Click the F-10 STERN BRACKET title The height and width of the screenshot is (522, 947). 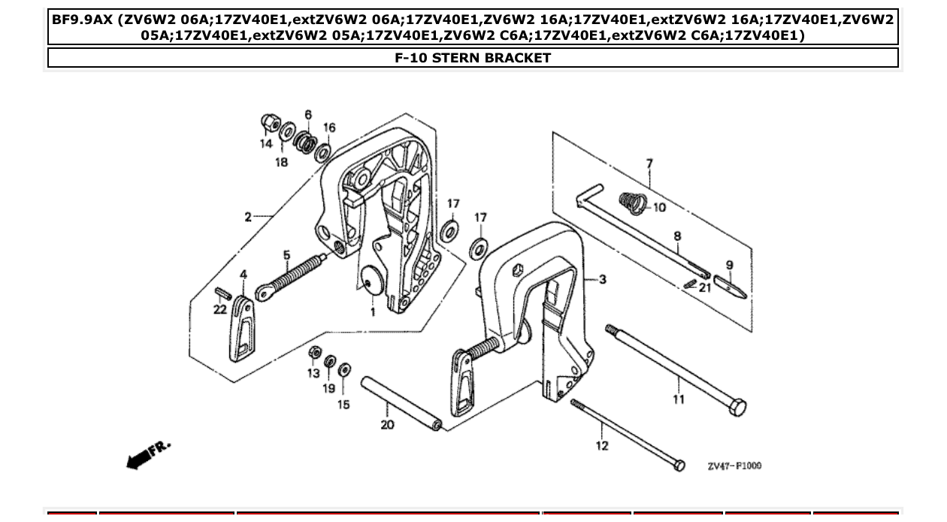point(473,58)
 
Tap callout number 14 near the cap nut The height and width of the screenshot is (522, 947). point(267,144)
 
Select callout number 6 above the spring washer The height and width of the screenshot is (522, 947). point(308,114)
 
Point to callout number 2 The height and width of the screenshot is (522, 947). point(247,217)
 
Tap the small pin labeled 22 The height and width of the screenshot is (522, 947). point(222,292)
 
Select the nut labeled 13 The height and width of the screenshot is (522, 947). point(316,352)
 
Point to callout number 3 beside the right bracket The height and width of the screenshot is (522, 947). point(602,280)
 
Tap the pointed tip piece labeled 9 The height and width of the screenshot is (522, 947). point(730,287)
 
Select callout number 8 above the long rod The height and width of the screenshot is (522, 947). point(677,236)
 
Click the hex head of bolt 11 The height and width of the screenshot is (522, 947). point(737,408)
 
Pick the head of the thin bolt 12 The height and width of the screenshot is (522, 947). point(679,466)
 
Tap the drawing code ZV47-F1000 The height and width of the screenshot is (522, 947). point(734,466)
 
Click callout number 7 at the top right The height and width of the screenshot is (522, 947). point(649,163)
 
